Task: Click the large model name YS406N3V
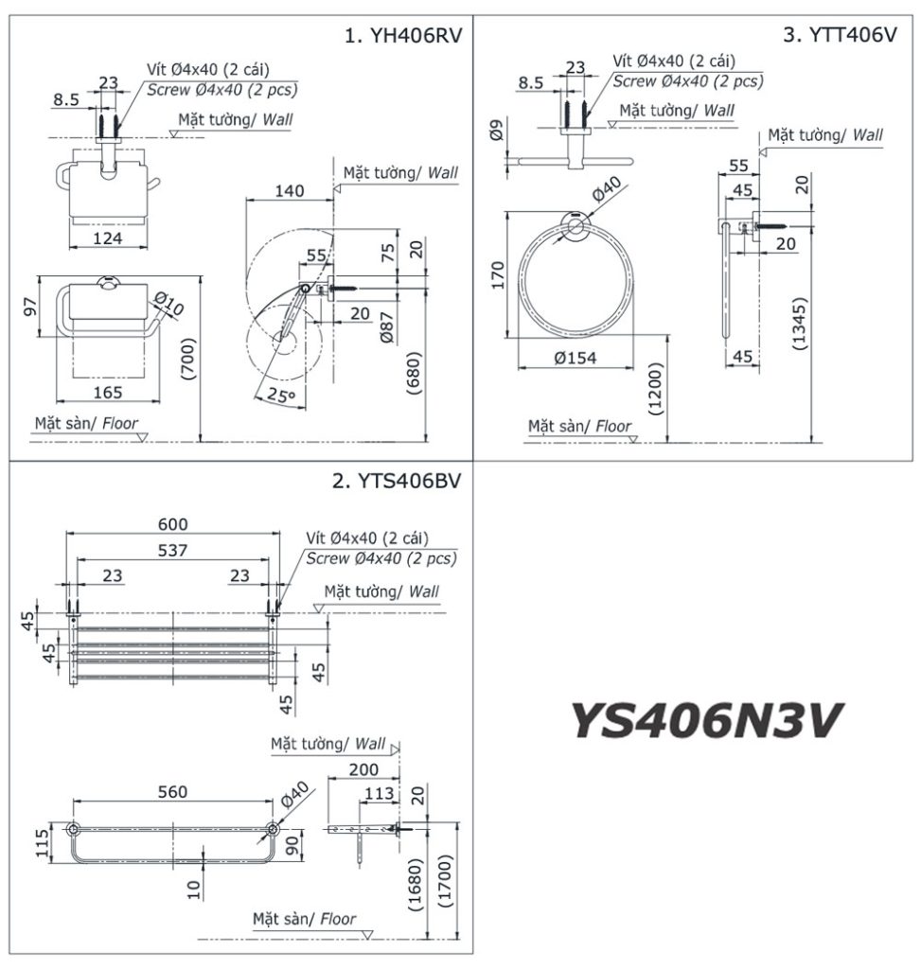click(x=706, y=720)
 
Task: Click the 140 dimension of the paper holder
click(x=289, y=191)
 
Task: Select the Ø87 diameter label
click(x=386, y=331)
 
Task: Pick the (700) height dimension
click(x=188, y=360)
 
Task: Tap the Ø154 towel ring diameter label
click(x=577, y=359)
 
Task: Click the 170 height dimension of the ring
click(x=498, y=273)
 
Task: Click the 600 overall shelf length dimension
click(x=172, y=524)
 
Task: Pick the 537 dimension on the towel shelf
click(x=172, y=550)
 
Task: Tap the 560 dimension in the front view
click(x=172, y=792)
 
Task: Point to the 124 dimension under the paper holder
click(x=108, y=238)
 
